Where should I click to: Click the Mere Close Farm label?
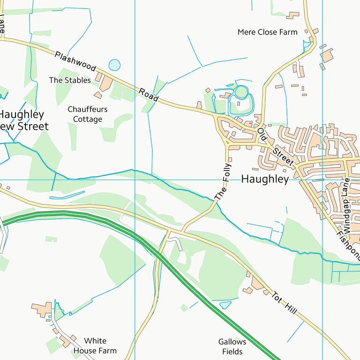click(267, 32)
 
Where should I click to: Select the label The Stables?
click(70, 80)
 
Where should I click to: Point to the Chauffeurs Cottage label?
click(88, 114)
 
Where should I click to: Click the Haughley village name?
click(265, 180)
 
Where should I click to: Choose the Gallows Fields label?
click(232, 347)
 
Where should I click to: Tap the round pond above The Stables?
click(114, 65)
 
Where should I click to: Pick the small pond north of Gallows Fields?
click(225, 305)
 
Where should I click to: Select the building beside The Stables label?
click(106, 83)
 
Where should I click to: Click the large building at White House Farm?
click(42, 309)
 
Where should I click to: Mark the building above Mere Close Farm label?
click(293, 15)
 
